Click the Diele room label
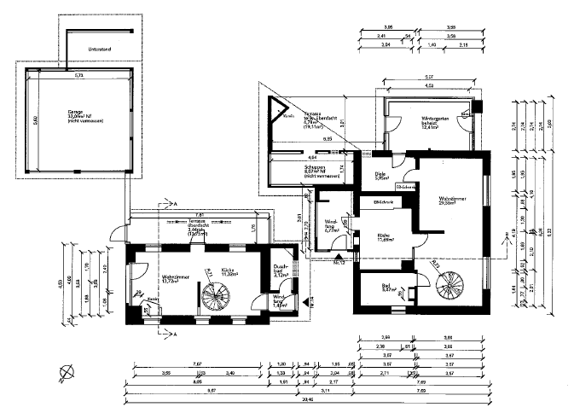pyautogui.click(x=380, y=176)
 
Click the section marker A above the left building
pyautogui.click(x=174, y=206)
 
